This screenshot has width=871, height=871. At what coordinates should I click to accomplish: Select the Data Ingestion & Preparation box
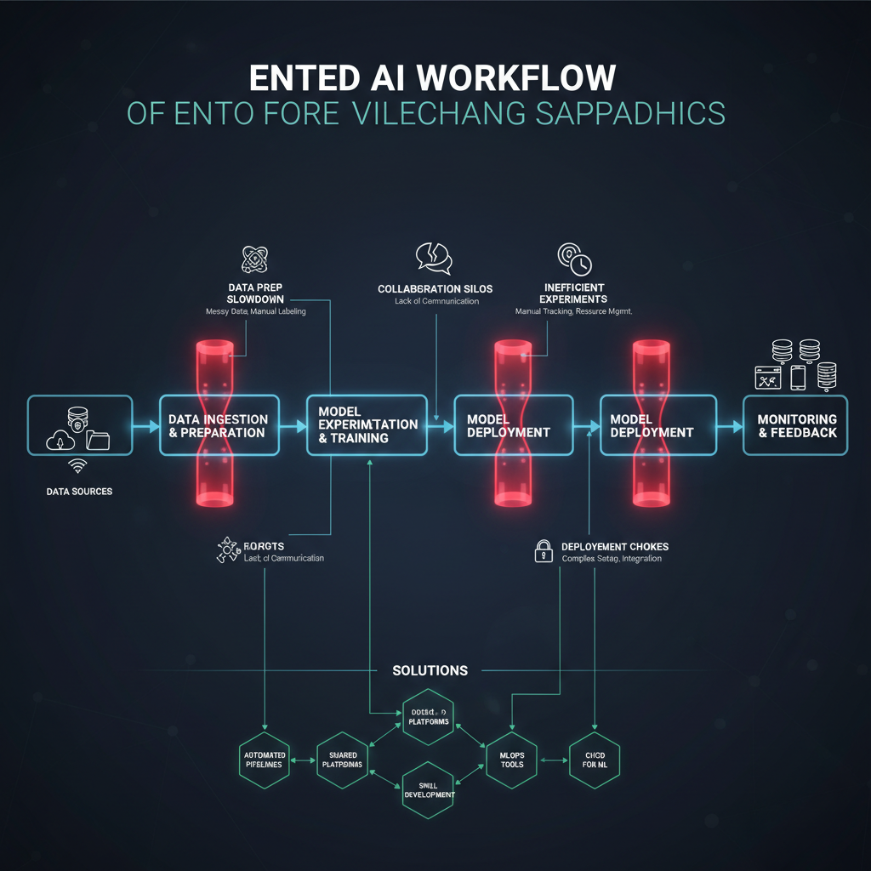[218, 425]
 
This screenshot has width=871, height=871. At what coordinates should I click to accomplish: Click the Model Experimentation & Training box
[367, 424]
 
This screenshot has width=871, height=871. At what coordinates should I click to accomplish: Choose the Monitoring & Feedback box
[796, 425]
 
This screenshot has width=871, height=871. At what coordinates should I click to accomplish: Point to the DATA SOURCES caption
[79, 492]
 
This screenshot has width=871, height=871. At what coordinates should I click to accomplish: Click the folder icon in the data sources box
[98, 439]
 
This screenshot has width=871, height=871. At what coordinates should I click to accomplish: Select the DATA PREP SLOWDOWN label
[255, 293]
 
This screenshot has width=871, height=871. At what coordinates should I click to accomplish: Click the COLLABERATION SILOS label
[435, 289]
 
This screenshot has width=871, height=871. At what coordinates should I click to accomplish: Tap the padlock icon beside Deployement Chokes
[543, 551]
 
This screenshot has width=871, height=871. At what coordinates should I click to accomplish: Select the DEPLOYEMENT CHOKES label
[614, 546]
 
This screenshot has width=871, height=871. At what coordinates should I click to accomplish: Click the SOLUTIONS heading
[430, 670]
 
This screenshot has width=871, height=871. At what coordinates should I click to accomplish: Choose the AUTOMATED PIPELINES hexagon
[265, 759]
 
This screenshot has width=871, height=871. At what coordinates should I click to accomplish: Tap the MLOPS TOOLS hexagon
[512, 759]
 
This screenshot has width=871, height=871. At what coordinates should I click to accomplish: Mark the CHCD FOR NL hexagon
[595, 759]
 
